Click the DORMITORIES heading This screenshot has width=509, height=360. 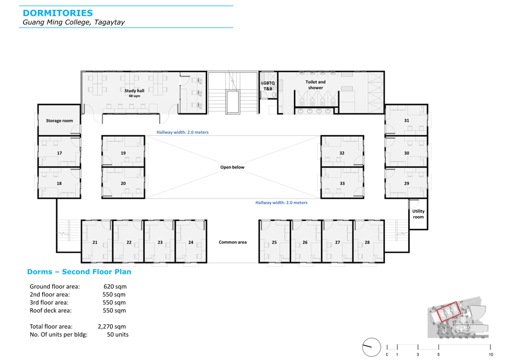coord(58,13)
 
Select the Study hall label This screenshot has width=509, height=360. coord(134,91)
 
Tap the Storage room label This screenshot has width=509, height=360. coord(60,121)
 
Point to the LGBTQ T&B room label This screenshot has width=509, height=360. coord(268,86)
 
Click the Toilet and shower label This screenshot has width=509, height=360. coord(316,85)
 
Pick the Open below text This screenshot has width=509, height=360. coord(233,167)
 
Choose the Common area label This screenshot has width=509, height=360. coord(233,242)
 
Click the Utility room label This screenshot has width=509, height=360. coord(419,214)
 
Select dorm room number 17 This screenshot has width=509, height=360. coord(60,153)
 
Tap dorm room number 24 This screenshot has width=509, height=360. coord(191,243)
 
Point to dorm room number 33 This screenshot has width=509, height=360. coord(342,183)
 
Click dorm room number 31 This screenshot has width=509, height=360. coord(407,120)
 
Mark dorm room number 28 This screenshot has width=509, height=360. coord(367,243)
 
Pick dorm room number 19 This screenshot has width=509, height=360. coord(123,153)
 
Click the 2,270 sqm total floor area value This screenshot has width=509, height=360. coord(112,327)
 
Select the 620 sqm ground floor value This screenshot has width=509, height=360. coord(115,286)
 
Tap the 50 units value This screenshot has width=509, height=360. coord(118,335)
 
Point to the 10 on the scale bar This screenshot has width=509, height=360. coord(491,355)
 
